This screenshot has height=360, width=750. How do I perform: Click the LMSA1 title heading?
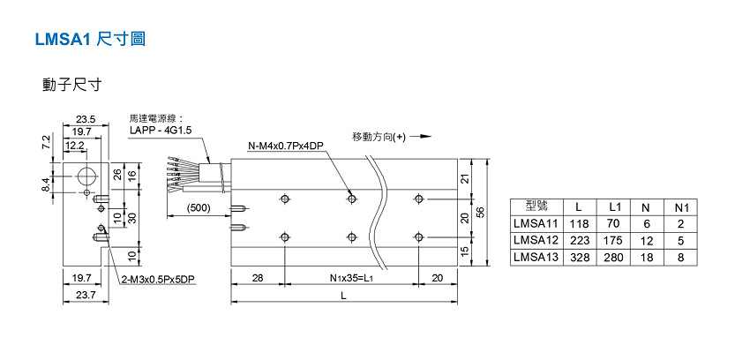click(x=88, y=40)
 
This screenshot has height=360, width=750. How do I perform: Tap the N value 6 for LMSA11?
click(x=646, y=224)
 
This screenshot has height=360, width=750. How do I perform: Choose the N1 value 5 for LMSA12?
click(x=680, y=240)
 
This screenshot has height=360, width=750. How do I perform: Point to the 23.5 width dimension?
click(x=86, y=118)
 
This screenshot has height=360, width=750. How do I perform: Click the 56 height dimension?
click(x=482, y=213)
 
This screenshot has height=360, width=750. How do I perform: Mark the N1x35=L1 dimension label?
click(x=349, y=279)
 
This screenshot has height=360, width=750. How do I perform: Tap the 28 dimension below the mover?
click(x=258, y=279)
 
